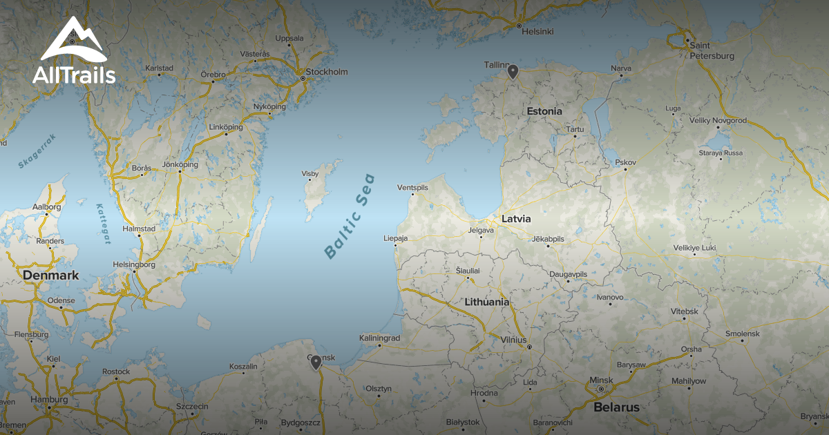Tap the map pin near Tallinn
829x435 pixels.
[513, 71]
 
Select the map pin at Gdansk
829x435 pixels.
[316, 362]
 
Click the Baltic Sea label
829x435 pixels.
[350, 216]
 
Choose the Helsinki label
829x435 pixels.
[538, 32]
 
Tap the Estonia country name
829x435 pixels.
[544, 111]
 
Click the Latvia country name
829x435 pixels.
[516, 218]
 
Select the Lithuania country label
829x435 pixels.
[487, 302]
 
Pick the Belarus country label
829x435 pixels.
[616, 407]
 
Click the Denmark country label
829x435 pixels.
[51, 275]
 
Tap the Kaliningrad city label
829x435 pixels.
[379, 338]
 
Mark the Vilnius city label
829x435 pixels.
[514, 340]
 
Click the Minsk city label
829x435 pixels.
[601, 380]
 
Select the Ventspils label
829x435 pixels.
[413, 187]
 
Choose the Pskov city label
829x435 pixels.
[625, 163]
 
